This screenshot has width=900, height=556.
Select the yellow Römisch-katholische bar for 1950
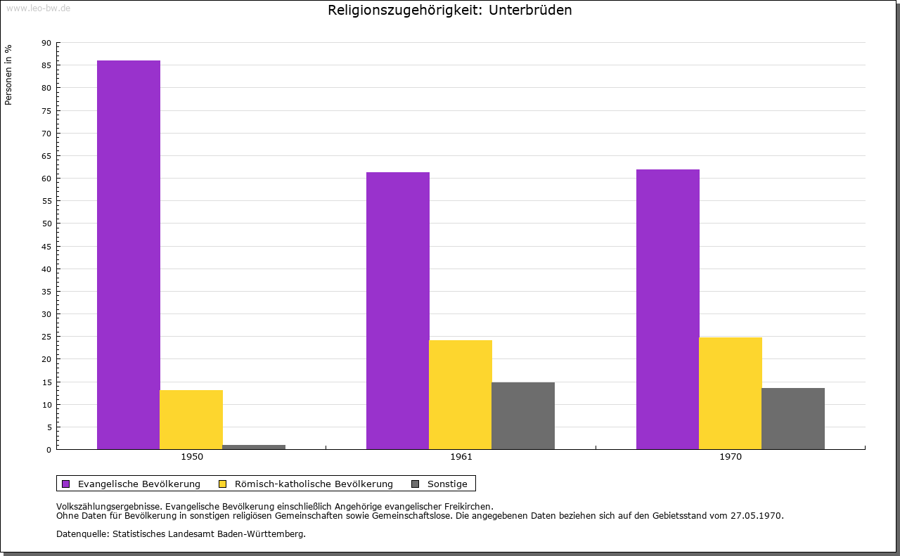pyautogui.click(x=191, y=420)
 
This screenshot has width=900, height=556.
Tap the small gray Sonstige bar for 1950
pyautogui.click(x=254, y=447)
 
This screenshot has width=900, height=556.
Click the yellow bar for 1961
pyautogui.click(x=461, y=394)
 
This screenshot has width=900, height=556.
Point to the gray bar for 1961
pyautogui.click(x=523, y=415)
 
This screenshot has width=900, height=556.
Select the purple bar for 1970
pyautogui.click(x=668, y=309)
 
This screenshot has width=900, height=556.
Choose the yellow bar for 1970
pyautogui.click(x=731, y=393)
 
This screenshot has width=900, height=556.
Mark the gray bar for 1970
pyautogui.click(x=793, y=418)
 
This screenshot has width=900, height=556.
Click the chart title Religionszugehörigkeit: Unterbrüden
pyautogui.click(x=450, y=11)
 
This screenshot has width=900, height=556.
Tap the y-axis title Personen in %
pyautogui.click(x=8, y=75)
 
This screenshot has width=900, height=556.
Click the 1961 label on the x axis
pyautogui.click(x=461, y=457)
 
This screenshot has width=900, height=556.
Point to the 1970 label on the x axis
pyautogui.click(x=731, y=457)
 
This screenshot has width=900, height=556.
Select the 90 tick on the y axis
pyautogui.click(x=46, y=43)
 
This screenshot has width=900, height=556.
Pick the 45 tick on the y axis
pyautogui.click(x=46, y=247)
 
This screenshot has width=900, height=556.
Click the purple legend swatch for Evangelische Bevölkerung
pyautogui.click(x=66, y=484)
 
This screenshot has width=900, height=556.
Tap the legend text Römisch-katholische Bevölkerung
pyautogui.click(x=314, y=484)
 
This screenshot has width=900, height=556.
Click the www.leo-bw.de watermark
pyautogui.click(x=38, y=8)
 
